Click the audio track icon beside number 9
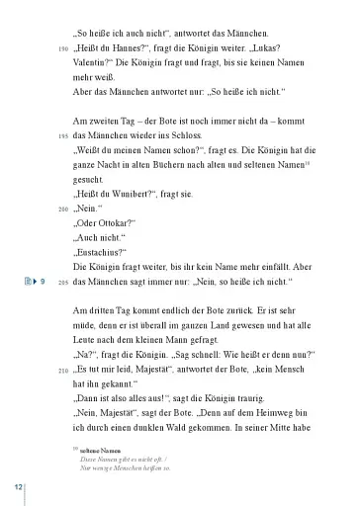point(28,283)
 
